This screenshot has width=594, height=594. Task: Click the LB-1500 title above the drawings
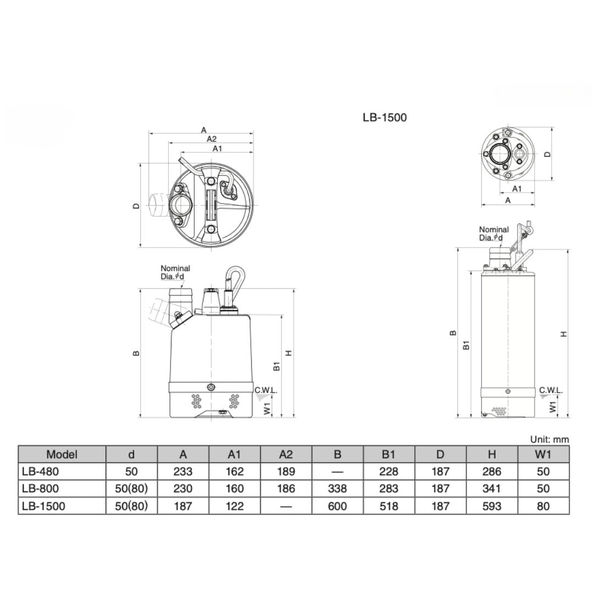point(384,118)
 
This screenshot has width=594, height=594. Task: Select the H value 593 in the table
point(492,506)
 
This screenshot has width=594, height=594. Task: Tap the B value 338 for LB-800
point(337,489)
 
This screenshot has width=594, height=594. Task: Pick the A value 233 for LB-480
point(183,472)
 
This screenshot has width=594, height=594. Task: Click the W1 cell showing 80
point(543,506)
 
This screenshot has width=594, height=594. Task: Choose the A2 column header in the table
point(286,454)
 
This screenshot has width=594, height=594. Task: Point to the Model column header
point(62,454)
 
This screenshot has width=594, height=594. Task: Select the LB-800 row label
point(41,489)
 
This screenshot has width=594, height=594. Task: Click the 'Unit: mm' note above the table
point(549,439)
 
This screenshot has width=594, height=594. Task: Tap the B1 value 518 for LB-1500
point(389,506)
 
